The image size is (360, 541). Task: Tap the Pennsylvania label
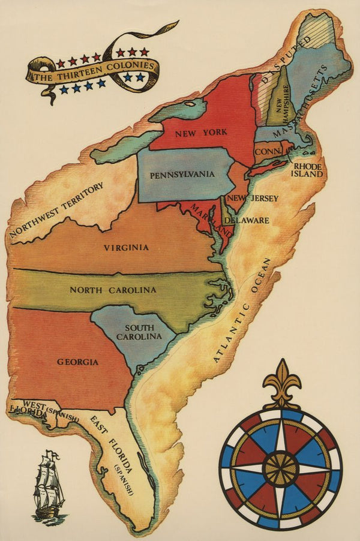183,175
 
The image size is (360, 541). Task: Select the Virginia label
126,247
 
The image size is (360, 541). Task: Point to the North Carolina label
113,290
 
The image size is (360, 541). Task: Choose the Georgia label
78,362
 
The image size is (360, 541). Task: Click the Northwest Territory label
57,210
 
